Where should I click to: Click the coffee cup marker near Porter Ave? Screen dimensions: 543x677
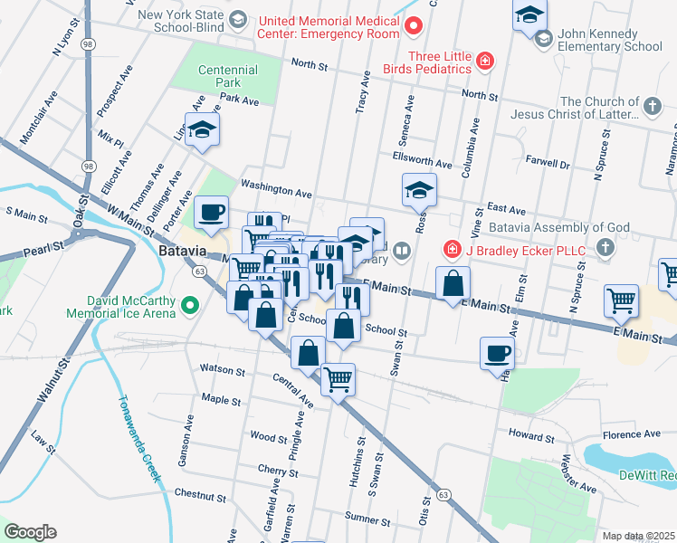[x=212, y=214]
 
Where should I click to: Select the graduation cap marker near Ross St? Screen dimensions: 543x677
[x=419, y=191]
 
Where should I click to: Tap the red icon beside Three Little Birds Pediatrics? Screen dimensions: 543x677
[x=486, y=62]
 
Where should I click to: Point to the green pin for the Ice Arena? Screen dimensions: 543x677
[x=189, y=307]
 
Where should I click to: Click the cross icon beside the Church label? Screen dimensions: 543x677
[x=652, y=107]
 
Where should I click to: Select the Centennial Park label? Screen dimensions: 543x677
[x=227, y=76]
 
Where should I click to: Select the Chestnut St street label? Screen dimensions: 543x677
[x=198, y=495]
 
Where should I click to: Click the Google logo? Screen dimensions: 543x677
[x=30, y=532]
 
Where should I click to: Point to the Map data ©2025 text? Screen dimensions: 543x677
[x=638, y=536]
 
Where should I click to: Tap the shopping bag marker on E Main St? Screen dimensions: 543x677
[x=453, y=284]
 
